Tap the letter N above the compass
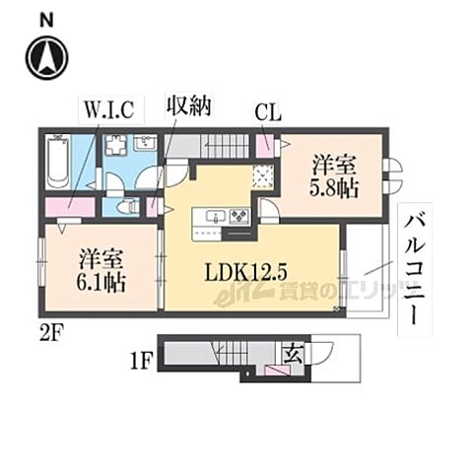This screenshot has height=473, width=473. [x=47, y=18]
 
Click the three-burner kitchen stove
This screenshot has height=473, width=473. [x=237, y=216]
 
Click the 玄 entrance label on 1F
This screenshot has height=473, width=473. [x=295, y=349]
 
